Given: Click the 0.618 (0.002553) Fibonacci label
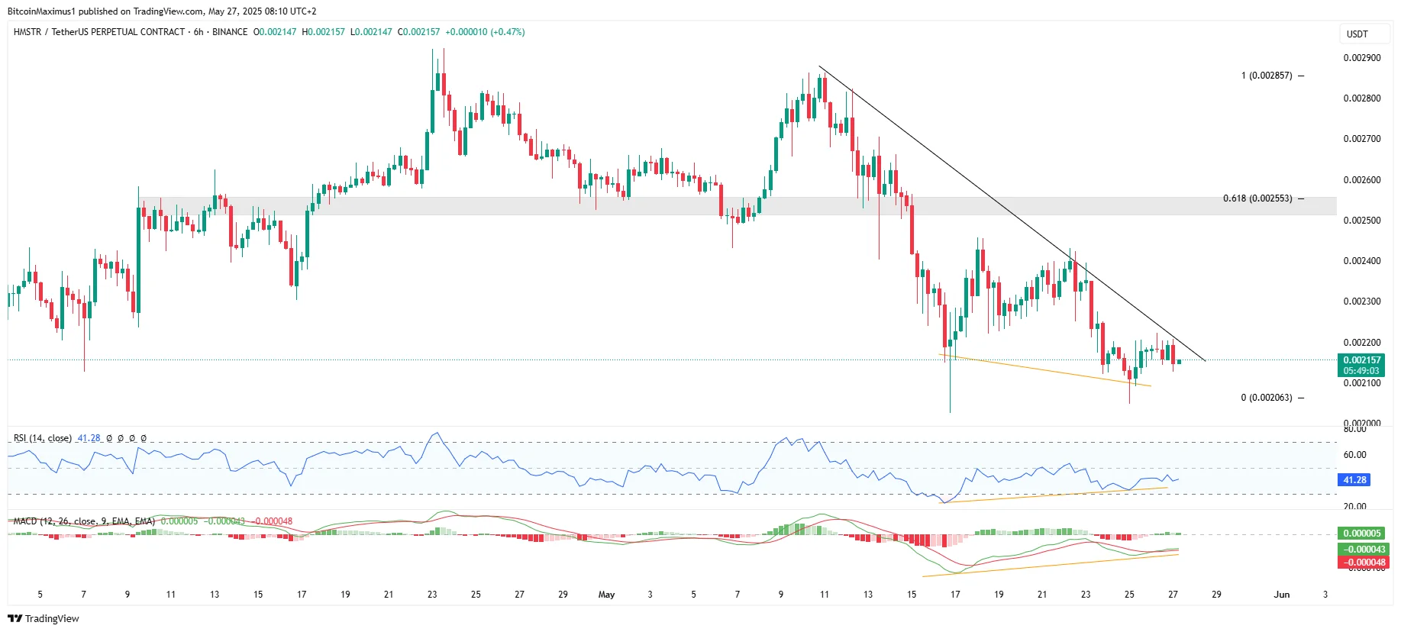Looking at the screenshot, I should [1257, 198].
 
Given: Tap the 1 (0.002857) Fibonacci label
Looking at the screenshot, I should [1267, 76].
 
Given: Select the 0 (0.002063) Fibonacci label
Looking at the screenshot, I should [1267, 398].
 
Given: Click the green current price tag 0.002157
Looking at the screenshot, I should [1362, 360].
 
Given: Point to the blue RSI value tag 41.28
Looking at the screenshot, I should [1354, 480].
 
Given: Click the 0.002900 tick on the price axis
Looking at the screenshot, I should [1361, 58].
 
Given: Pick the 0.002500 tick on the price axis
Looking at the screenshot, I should [1361, 221].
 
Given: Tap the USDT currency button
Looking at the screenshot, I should [1357, 34].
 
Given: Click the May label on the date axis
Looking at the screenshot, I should [606, 595].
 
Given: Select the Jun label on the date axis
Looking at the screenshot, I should [1281, 595].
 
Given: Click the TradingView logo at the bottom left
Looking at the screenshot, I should [44, 618].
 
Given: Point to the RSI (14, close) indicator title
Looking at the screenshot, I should [43, 438].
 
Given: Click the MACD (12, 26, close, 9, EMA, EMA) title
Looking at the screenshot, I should [84, 521].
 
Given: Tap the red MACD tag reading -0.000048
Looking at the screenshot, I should [1363, 563].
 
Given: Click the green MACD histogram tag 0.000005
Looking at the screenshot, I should [1363, 534].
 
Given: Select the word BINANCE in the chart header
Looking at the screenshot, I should [230, 32].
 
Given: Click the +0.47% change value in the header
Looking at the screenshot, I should [508, 32].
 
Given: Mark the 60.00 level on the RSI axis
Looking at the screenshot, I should [1354, 455].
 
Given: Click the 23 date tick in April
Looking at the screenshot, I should [432, 595].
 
